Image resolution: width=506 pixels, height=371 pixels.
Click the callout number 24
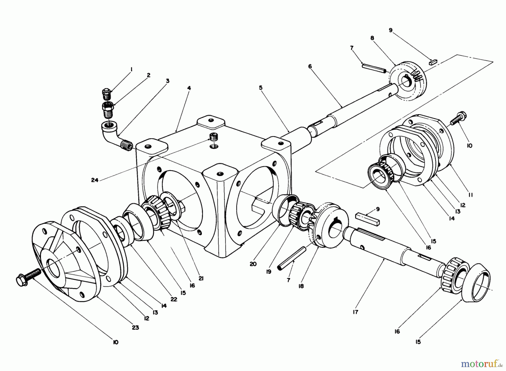point(95,180)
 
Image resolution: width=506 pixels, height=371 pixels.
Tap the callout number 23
point(135,328)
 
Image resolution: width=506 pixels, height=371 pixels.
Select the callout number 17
point(356,312)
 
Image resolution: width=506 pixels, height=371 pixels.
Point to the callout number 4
point(189,88)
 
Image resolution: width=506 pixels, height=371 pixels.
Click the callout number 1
point(131,69)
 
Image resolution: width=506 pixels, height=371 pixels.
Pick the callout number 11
point(471,195)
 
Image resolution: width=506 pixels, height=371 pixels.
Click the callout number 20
point(253,264)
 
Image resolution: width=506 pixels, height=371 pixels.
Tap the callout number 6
point(310,66)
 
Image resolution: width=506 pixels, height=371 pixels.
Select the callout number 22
point(174,300)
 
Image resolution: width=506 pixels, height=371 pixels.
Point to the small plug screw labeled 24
point(214,137)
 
